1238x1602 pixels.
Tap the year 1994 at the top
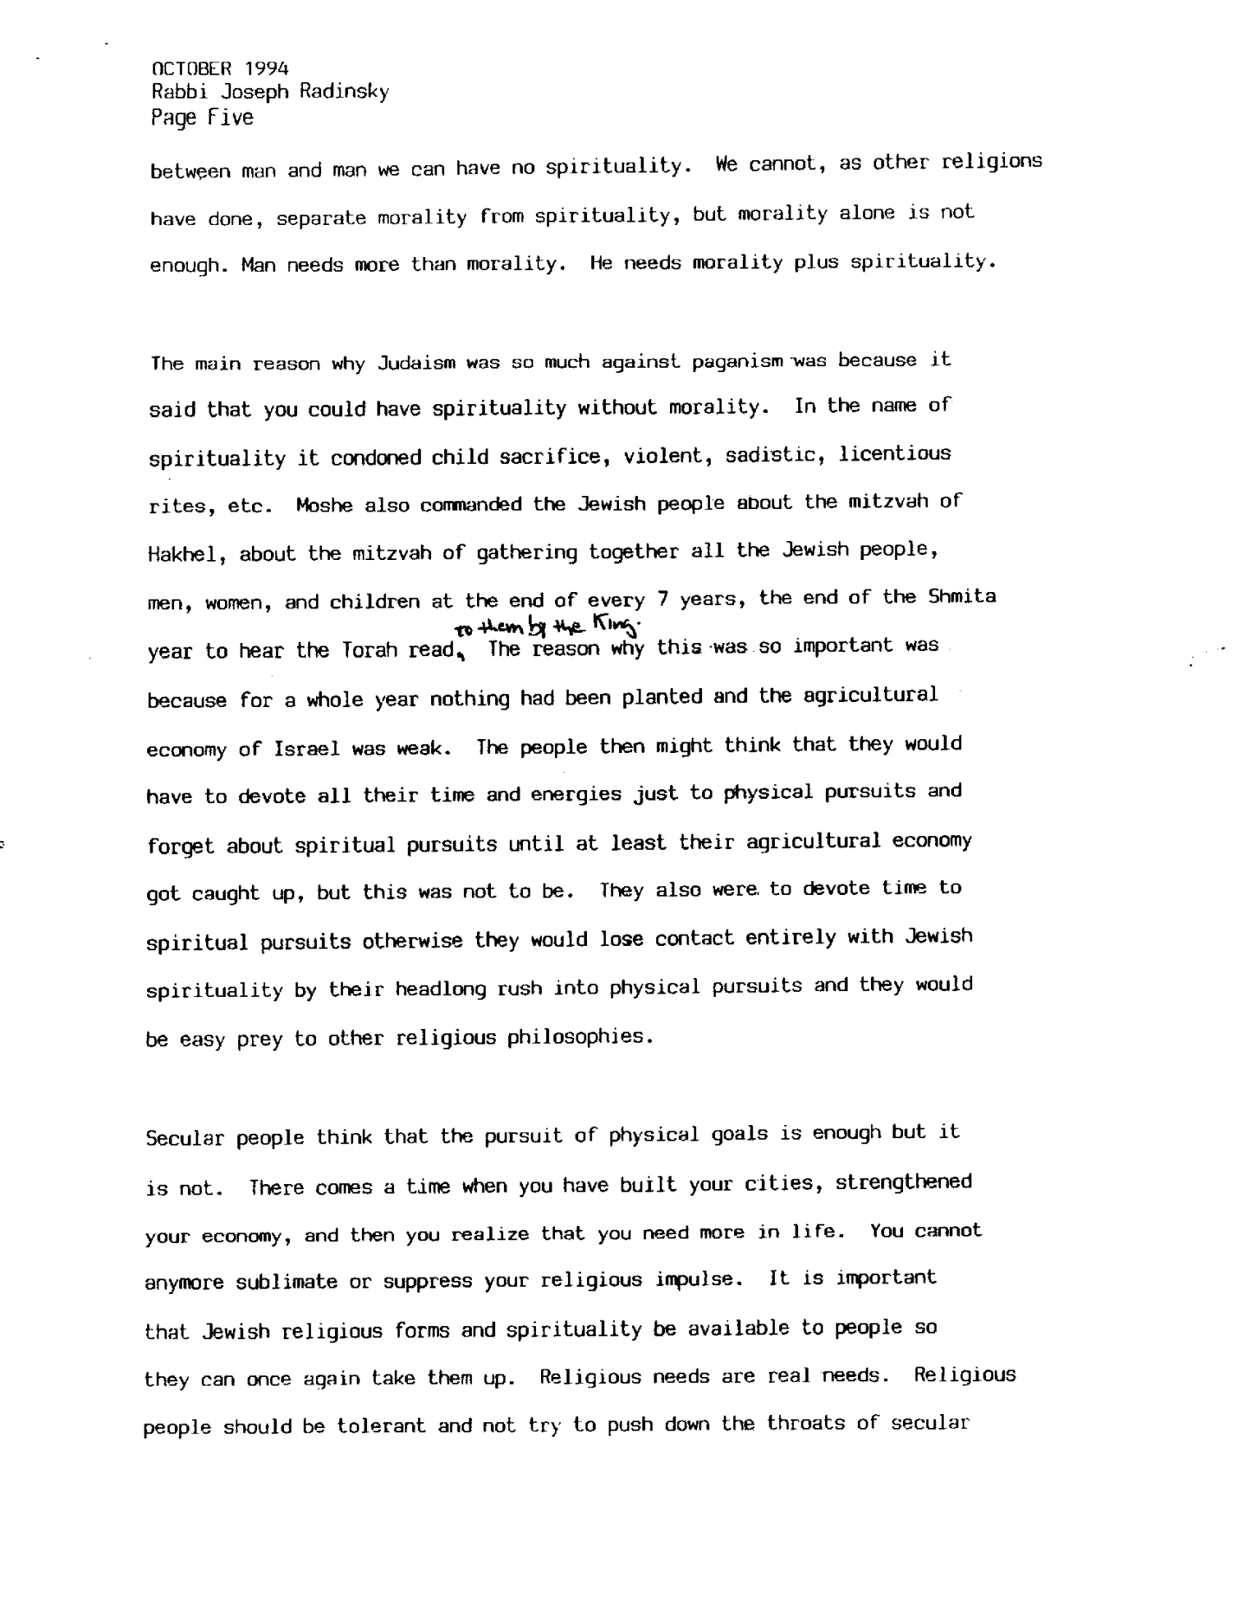267,68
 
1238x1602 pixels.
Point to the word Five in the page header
231,117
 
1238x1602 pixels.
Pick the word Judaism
417,363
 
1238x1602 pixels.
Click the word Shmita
962,596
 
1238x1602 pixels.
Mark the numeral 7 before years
663,598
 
